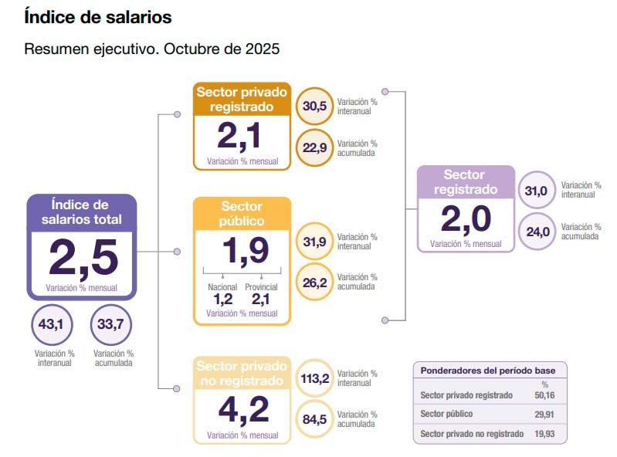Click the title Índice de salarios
[98, 16]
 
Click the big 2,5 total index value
[83, 258]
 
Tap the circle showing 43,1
[51, 324]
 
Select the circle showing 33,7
[110, 324]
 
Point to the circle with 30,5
[314, 107]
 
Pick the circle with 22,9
[314, 147]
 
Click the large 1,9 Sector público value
[242, 250]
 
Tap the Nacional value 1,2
[222, 300]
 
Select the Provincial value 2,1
[260, 300]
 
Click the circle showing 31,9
[314, 242]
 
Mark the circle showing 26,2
[314, 283]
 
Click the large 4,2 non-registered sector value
[242, 409]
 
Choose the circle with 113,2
[314, 379]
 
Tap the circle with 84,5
[314, 420]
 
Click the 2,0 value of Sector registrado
[466, 219]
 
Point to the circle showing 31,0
[537, 191]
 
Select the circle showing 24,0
[537, 231]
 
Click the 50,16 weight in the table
[544, 395]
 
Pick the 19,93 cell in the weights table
[544, 434]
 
